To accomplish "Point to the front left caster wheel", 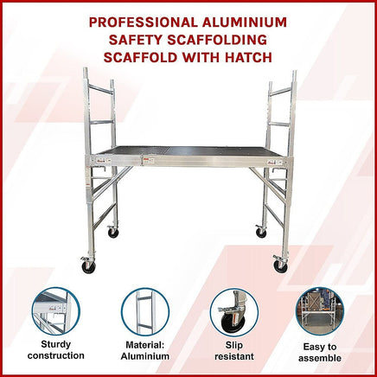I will [x=87, y=267].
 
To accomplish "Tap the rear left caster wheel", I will [x=112, y=233].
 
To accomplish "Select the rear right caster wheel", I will [x=261, y=233].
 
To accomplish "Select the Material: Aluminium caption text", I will [x=144, y=349].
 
